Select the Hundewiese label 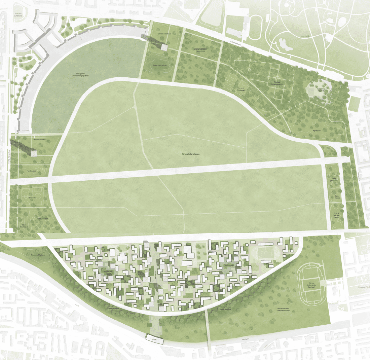click(32, 171)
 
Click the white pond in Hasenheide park click(284, 44)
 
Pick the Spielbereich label click(337, 197)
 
